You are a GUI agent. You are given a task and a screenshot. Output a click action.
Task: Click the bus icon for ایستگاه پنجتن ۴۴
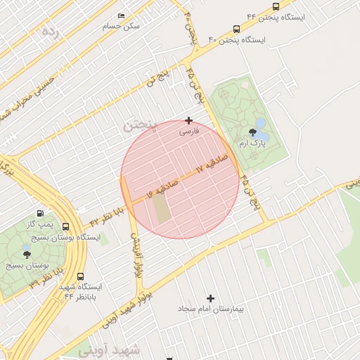(x=275, y=6)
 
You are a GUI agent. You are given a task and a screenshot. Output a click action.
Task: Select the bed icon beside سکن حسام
(x=122, y=15)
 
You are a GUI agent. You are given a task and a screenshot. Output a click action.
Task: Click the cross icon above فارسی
(x=188, y=121)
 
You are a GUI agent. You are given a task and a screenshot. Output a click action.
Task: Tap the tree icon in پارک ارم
(x=252, y=132)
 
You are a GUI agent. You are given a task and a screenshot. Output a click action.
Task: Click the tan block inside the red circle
(x=162, y=209)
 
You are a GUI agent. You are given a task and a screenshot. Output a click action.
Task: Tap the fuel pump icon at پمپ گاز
(x=39, y=214)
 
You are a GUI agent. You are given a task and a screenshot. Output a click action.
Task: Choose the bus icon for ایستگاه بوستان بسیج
(x=65, y=227)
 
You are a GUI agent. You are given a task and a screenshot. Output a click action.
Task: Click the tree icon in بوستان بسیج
(x=27, y=255)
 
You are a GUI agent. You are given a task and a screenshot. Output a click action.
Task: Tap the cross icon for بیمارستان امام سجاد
(x=210, y=299)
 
